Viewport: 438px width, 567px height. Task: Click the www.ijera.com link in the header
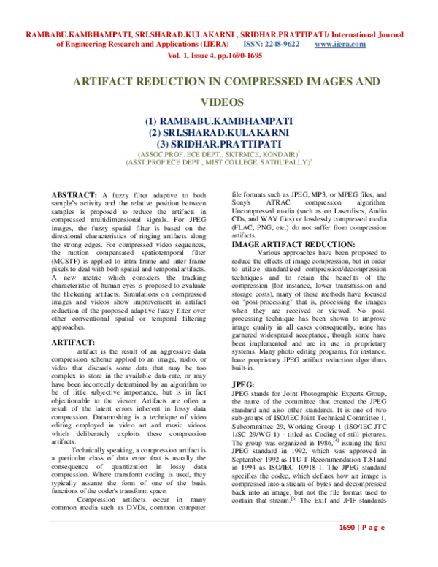click(x=339, y=45)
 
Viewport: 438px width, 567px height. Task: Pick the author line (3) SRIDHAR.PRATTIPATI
click(x=218, y=143)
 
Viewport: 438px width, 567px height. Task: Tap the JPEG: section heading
click(x=244, y=384)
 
